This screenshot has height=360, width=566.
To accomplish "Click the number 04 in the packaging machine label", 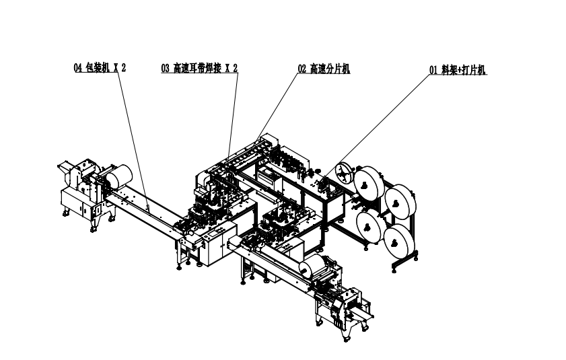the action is [78, 67].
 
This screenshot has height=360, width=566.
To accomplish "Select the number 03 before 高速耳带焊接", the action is [165, 68].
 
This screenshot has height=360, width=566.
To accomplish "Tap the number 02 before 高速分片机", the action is [302, 68].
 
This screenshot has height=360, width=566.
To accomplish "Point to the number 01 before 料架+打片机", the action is [433, 70].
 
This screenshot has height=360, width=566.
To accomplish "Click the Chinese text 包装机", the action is [98, 67].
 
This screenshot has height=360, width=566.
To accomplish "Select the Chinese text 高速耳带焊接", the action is [197, 68].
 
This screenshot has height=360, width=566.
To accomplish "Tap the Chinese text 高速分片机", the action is [330, 68].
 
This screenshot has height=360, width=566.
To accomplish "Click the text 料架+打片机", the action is [464, 70].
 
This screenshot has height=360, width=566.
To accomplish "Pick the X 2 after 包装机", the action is [120, 67].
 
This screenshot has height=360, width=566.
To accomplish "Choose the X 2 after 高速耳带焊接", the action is [232, 68].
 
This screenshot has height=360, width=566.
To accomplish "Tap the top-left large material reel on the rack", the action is [369, 182].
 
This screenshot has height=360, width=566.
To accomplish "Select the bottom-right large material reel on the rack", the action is [399, 241].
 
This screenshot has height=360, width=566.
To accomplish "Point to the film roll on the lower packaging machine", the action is [312, 266].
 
